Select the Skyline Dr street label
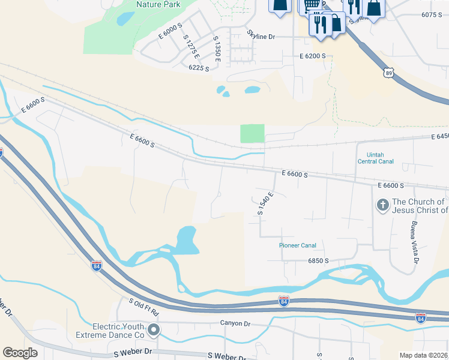(261, 37)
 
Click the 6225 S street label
(199, 68)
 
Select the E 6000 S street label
(170, 31)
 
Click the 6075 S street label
(432, 15)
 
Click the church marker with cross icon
(382, 206)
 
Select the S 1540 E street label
(265, 203)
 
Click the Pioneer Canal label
(297, 245)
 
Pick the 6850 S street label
(318, 260)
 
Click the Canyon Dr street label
(234, 323)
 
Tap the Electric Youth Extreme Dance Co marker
(154, 329)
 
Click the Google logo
(20, 353)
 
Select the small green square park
(252, 133)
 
